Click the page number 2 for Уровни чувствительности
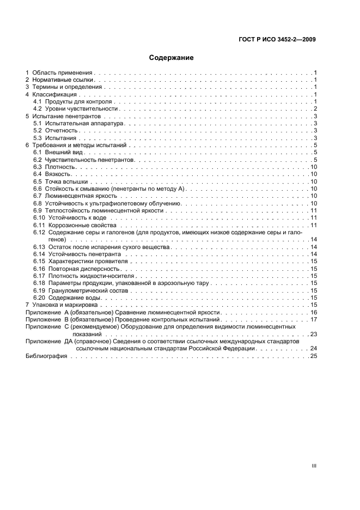point(315,109)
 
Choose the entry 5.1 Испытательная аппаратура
point(79,124)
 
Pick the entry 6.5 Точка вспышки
point(58,181)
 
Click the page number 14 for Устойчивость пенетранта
point(314,254)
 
